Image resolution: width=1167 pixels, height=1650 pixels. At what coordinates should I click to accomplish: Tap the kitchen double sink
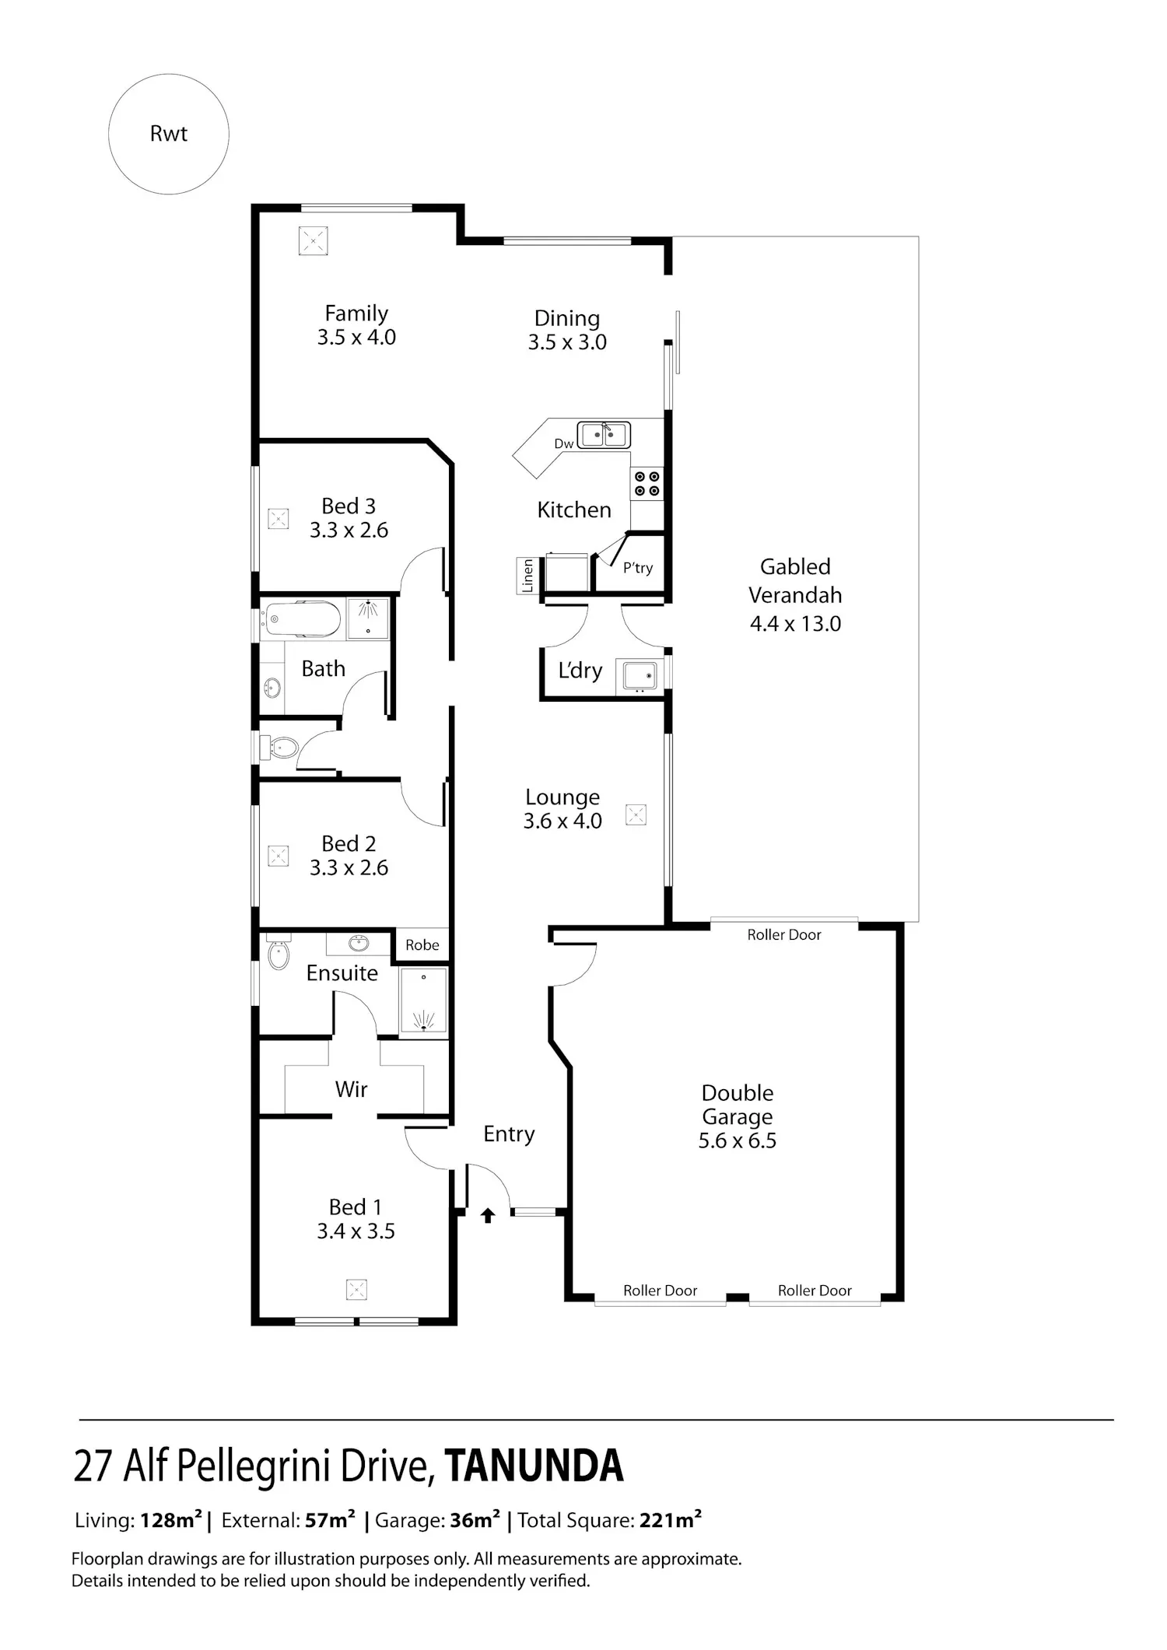point(604,434)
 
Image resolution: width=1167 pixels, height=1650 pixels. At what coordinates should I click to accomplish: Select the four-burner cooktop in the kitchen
point(647,483)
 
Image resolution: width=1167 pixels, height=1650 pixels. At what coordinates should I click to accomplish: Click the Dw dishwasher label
point(564,444)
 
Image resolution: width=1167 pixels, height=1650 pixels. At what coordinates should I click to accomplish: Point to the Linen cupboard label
point(527,576)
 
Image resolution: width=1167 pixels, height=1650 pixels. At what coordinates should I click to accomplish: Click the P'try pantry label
point(638,568)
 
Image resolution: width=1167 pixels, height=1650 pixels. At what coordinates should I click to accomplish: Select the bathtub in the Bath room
point(301,620)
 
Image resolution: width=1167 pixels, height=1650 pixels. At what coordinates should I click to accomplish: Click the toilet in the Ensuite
point(278,954)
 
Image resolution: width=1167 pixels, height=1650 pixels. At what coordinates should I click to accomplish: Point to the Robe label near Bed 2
point(422,945)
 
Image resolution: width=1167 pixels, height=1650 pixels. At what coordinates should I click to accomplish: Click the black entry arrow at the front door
point(488,1215)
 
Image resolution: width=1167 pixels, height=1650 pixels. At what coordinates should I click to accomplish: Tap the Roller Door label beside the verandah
point(784,935)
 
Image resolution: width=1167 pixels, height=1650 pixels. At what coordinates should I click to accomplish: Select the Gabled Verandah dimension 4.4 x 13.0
point(795,624)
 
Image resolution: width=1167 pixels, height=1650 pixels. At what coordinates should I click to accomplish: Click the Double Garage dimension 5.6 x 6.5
point(738,1141)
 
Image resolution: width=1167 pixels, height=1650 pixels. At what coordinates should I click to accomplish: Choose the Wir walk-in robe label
point(351,1089)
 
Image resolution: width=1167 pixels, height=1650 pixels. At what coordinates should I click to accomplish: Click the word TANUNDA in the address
point(534,1466)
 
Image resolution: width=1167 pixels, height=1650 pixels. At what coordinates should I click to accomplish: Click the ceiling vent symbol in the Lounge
point(636,815)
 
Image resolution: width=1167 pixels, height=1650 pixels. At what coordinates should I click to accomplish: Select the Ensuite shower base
point(424,1001)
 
